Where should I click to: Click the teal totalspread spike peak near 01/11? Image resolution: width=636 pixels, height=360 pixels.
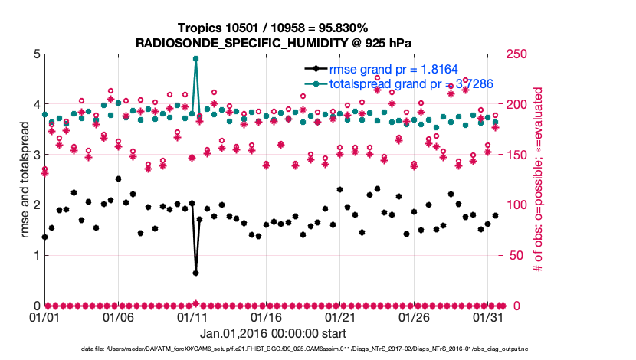[195, 58]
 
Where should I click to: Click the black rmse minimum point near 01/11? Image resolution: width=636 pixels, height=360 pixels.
[195, 273]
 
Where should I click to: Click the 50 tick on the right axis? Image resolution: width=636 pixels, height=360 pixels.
[515, 255]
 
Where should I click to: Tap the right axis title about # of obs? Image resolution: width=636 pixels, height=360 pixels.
[538, 179]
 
